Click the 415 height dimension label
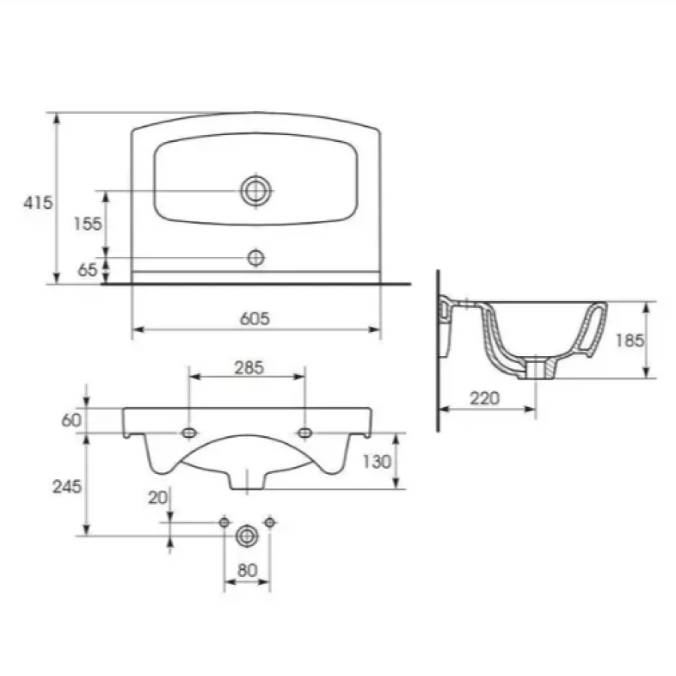(x=38, y=202)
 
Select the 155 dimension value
(x=88, y=224)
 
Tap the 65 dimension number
(x=88, y=270)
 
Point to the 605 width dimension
(x=255, y=318)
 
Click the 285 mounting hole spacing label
(x=249, y=368)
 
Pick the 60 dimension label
(x=71, y=420)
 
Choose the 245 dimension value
(x=67, y=487)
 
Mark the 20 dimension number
(x=158, y=498)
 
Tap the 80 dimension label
(x=247, y=570)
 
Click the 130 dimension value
(x=377, y=462)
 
